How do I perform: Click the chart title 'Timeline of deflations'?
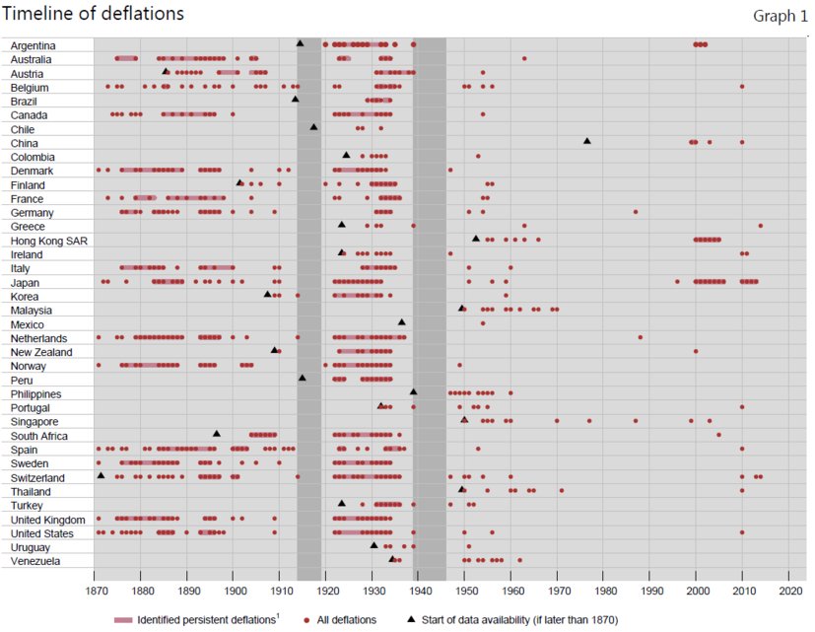(x=94, y=14)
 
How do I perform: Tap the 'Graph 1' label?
(x=781, y=16)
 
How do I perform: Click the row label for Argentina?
(x=34, y=45)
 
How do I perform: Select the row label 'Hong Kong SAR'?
(x=43, y=240)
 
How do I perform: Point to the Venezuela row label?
(x=35, y=561)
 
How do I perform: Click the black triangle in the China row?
(x=587, y=142)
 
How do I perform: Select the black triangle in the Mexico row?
(x=402, y=322)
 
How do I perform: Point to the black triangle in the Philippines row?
(x=414, y=392)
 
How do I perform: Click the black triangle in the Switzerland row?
(x=101, y=476)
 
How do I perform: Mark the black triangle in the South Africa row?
(x=217, y=434)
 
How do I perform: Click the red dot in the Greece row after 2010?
(x=761, y=226)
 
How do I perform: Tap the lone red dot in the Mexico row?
(x=483, y=322)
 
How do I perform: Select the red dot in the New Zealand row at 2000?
(x=696, y=351)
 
